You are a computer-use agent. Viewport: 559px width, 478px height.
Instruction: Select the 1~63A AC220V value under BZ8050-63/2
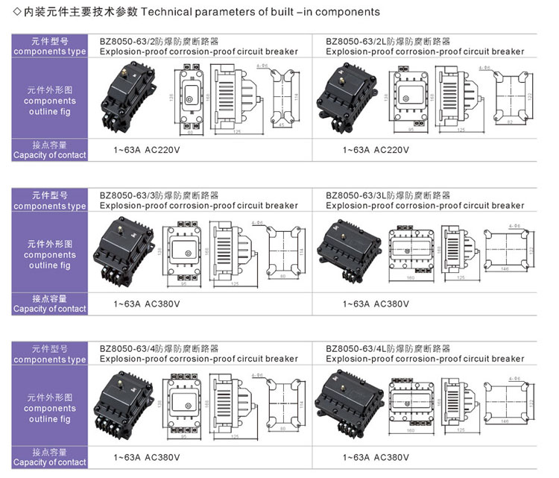(x=147, y=150)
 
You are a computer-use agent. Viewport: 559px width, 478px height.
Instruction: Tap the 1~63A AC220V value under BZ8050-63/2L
(x=376, y=150)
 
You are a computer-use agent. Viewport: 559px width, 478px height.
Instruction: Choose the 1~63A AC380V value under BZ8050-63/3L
(x=376, y=304)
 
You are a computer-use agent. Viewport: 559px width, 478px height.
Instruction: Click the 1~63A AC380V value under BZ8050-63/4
(x=147, y=457)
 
